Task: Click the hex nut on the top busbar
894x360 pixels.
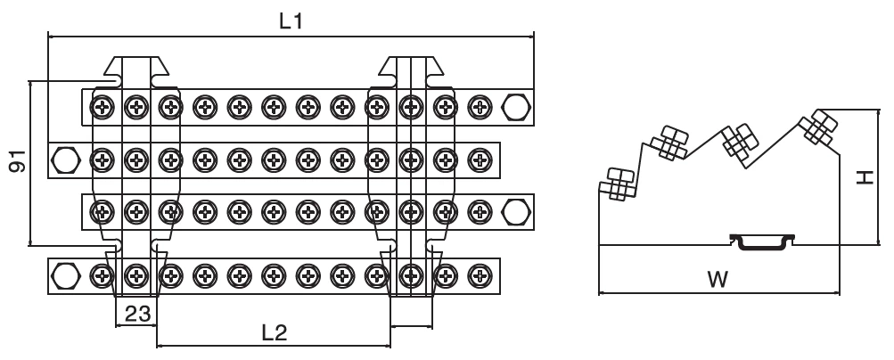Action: click(x=515, y=108)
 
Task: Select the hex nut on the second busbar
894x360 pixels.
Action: click(x=65, y=161)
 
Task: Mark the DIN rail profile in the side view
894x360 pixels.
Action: click(x=761, y=241)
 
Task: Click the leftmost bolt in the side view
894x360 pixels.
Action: click(x=619, y=184)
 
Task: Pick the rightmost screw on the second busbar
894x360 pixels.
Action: click(x=480, y=161)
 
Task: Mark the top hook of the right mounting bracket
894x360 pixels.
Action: click(x=410, y=67)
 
